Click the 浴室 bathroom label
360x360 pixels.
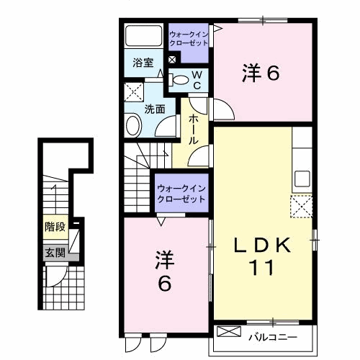(x=143, y=63)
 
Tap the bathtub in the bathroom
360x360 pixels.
(x=144, y=35)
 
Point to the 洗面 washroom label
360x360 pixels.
(x=155, y=109)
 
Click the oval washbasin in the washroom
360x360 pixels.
(x=133, y=126)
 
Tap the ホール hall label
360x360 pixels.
(x=194, y=130)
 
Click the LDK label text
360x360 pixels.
(x=263, y=246)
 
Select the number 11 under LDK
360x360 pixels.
(x=262, y=268)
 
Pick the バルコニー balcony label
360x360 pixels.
(x=273, y=337)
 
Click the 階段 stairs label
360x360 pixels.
(x=55, y=227)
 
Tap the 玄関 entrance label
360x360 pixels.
(x=55, y=253)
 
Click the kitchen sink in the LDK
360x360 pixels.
(x=302, y=179)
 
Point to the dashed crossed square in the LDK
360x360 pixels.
(x=302, y=207)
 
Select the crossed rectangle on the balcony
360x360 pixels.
(x=229, y=331)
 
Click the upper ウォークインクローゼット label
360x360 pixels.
(x=189, y=39)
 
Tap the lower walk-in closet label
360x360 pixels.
(x=181, y=194)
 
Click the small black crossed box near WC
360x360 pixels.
(x=172, y=59)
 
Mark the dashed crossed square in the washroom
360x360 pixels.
(x=134, y=92)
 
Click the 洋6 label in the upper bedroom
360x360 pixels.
(x=261, y=73)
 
